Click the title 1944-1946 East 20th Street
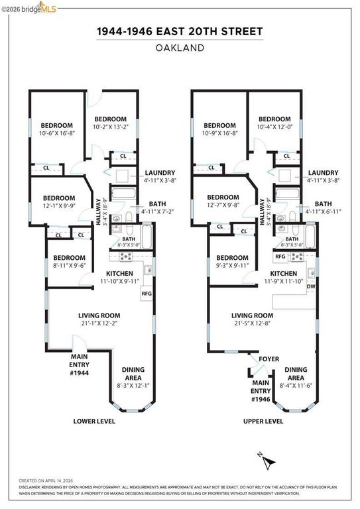click(x=180, y=31)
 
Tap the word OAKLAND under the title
click(x=180, y=48)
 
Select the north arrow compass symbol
click(x=263, y=457)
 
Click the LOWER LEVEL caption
click(x=95, y=421)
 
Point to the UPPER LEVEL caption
click(x=263, y=421)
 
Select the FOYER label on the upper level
click(x=269, y=359)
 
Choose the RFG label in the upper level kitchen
click(x=280, y=256)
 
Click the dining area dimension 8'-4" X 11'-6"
click(x=296, y=385)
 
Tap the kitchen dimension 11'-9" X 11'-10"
click(x=283, y=281)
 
